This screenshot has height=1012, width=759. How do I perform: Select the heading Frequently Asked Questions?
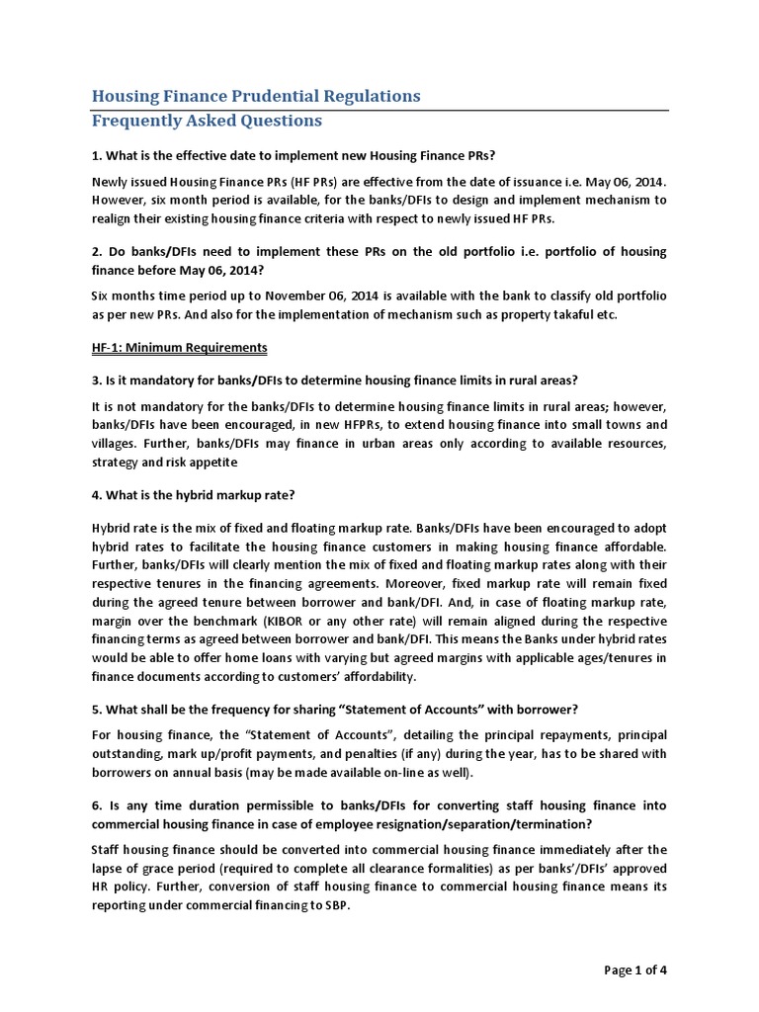pos(207,121)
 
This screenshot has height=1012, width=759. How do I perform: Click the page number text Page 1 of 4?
pos(635,970)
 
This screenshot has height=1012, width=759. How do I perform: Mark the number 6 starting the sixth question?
pos(96,806)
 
